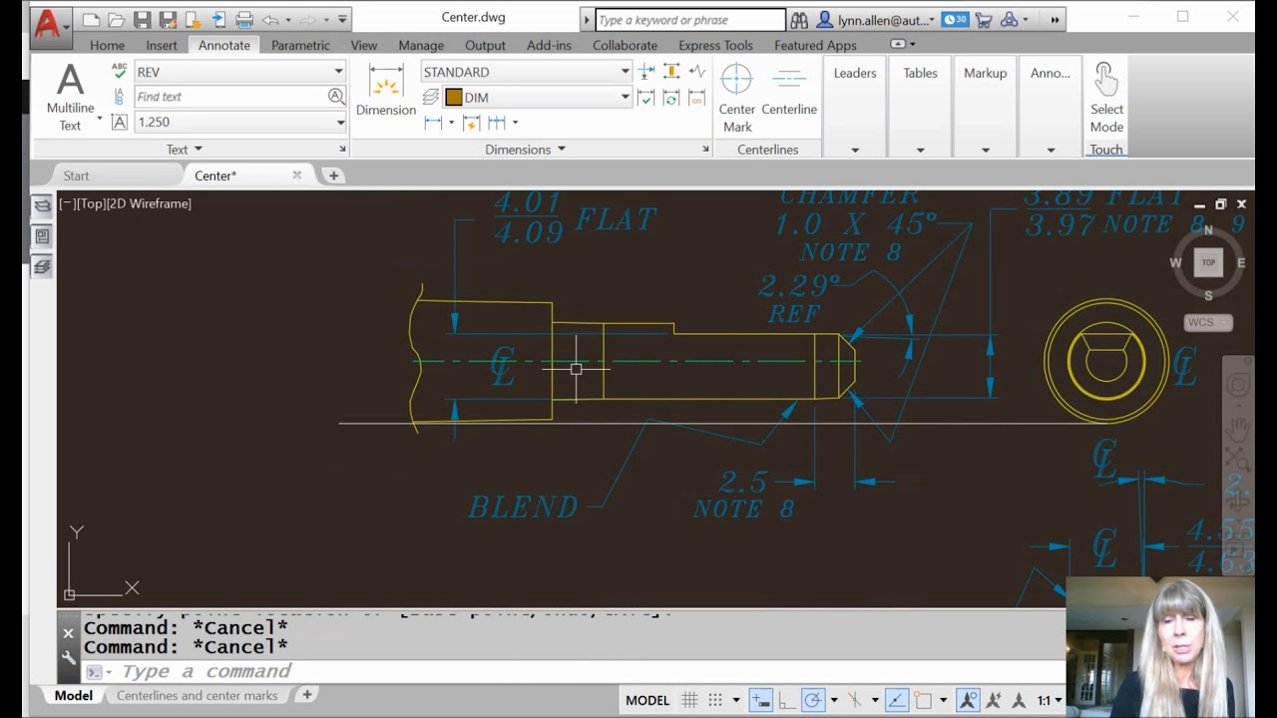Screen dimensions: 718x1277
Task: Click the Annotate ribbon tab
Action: tap(223, 45)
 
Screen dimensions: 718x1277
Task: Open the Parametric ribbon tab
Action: tap(300, 45)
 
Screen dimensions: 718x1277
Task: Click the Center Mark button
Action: tap(737, 99)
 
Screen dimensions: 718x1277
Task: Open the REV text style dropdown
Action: tap(239, 72)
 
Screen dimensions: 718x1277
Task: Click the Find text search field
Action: tap(229, 97)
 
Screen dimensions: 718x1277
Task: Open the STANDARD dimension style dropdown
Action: tap(526, 72)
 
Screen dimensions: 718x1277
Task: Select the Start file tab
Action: tap(77, 176)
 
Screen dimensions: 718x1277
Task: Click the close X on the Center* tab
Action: tap(296, 176)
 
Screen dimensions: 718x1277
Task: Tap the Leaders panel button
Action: tap(855, 73)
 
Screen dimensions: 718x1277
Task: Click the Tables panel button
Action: tap(920, 73)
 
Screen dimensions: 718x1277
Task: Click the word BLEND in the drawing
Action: tap(523, 507)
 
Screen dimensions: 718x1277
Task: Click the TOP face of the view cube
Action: tap(1208, 262)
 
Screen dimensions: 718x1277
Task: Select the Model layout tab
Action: tap(74, 695)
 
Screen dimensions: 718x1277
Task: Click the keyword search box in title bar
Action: tap(689, 20)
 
